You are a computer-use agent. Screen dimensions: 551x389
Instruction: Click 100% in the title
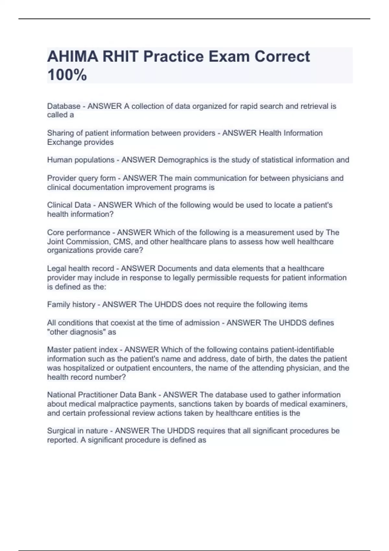tap(67, 75)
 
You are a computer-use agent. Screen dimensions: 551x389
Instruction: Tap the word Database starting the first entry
tap(64, 106)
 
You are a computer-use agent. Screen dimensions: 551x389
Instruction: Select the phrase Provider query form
tap(81, 178)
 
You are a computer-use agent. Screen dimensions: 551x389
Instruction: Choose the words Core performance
tap(78, 232)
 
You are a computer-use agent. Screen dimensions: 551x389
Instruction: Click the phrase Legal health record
tap(80, 268)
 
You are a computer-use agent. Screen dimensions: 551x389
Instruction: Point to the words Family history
tap(71, 304)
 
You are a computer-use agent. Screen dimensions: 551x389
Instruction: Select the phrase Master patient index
tap(82, 349)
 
